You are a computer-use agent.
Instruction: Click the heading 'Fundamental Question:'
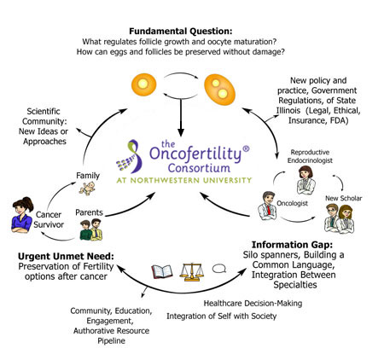(181, 31)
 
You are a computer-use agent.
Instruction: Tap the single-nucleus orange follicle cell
(143, 84)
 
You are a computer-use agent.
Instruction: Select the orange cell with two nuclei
(219, 90)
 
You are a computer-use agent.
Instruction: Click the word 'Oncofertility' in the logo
(195, 153)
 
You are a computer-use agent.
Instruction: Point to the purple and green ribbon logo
(130, 156)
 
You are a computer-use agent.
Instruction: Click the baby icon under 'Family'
(87, 189)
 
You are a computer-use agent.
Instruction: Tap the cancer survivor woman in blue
(22, 215)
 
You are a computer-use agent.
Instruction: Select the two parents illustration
(90, 229)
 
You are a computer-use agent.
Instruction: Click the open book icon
(162, 271)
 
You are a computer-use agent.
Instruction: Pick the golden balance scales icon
(192, 271)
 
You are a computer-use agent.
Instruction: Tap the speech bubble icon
(219, 269)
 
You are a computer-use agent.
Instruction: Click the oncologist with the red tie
(267, 206)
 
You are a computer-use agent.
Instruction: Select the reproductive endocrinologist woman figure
(305, 180)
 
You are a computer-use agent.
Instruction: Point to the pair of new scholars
(339, 218)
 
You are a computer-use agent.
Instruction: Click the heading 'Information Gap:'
(292, 245)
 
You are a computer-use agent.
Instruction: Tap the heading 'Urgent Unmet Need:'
(66, 256)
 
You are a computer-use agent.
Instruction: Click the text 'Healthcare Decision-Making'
(253, 304)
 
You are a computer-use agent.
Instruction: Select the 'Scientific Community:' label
(44, 116)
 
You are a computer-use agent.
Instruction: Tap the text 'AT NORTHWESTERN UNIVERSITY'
(184, 180)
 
